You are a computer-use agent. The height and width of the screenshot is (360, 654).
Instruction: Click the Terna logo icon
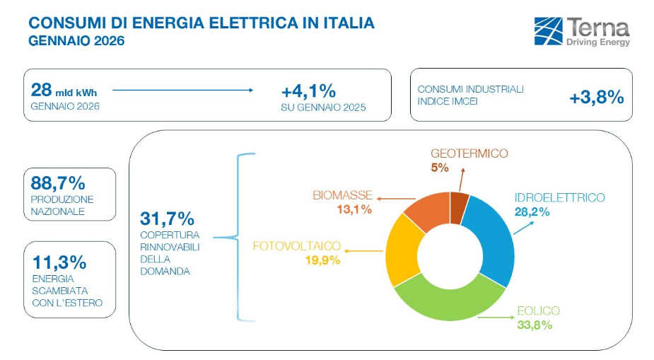549,31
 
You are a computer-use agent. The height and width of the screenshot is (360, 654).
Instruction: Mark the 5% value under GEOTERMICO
439,168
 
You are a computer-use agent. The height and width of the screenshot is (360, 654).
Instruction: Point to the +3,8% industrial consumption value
596,98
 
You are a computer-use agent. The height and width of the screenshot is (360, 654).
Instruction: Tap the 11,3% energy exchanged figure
59,262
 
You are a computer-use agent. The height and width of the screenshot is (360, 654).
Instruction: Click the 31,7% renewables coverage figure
167,218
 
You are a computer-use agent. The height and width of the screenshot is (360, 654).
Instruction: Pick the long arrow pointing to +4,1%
182,90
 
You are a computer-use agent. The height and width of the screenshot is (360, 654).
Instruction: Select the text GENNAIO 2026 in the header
76,41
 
